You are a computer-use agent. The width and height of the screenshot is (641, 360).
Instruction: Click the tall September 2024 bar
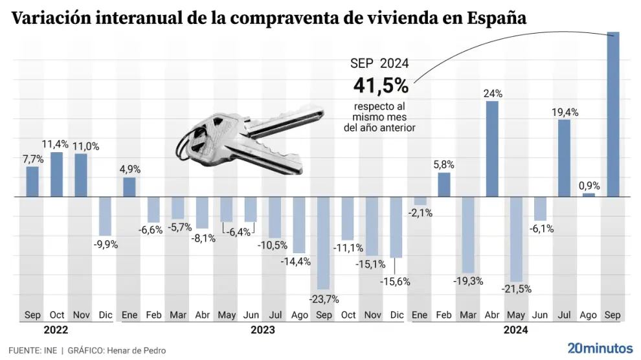(x=613, y=114)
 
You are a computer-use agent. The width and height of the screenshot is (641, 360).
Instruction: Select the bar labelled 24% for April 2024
(x=492, y=148)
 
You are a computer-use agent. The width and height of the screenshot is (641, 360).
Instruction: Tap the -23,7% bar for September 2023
(x=323, y=243)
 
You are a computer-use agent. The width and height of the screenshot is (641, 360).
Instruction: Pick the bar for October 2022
(x=57, y=174)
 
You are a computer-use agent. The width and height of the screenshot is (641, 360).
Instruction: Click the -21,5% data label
(x=517, y=289)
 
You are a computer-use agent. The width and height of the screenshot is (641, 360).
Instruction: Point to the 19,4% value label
(x=565, y=112)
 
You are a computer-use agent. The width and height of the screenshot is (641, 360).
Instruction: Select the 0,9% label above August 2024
(x=589, y=186)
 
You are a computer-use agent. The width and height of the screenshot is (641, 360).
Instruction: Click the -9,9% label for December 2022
(x=105, y=244)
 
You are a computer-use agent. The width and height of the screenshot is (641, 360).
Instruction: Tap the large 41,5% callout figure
(x=381, y=85)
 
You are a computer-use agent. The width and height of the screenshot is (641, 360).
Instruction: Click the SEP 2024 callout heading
(x=379, y=63)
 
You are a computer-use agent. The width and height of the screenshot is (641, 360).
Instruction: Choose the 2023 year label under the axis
(x=262, y=330)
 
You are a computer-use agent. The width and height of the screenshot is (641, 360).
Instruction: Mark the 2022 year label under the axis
(x=57, y=330)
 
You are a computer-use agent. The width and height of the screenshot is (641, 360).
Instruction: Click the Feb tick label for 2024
(x=444, y=315)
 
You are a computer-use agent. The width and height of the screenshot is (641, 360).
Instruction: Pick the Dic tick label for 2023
(x=396, y=315)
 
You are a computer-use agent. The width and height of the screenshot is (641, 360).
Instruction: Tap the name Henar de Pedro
(x=139, y=350)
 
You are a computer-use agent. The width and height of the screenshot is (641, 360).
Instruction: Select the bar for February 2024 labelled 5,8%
(x=444, y=184)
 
